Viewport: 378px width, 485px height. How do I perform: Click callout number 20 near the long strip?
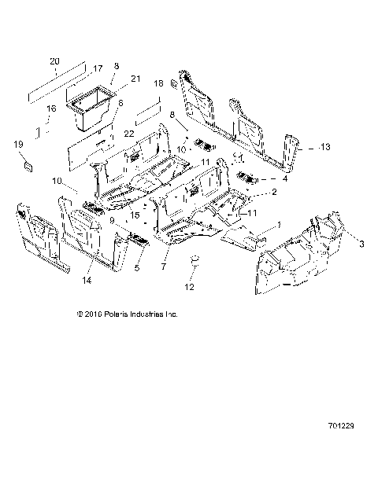point(54,61)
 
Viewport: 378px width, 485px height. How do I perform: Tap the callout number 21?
point(135,79)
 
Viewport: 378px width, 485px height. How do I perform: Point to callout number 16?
point(51,108)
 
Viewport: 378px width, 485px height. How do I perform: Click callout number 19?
point(18,145)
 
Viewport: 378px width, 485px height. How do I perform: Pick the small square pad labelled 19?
point(26,165)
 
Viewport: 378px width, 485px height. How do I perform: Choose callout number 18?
point(158,83)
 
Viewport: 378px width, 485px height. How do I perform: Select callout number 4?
point(274,178)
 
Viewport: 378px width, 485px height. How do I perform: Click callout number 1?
point(276,225)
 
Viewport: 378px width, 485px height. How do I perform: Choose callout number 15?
point(135,215)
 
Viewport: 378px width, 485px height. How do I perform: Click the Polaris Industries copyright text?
point(149,313)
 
